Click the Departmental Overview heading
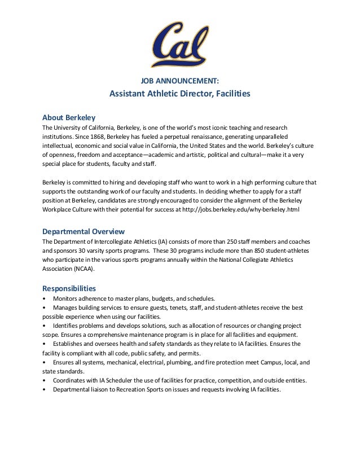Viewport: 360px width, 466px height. click(83, 231)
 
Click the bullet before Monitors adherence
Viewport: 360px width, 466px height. click(45, 298)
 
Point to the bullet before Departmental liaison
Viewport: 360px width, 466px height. click(45, 390)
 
